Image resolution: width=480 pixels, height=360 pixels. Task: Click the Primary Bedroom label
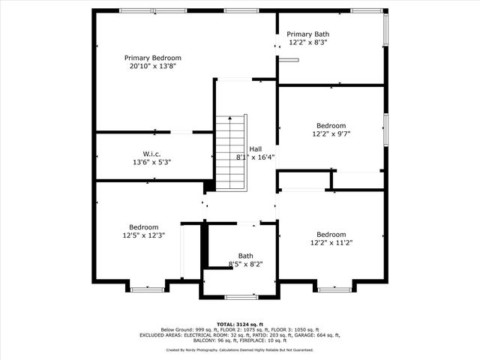click(153, 58)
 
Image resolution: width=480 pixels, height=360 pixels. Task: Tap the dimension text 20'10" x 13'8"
click(153, 66)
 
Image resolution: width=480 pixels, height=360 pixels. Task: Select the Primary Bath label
click(308, 34)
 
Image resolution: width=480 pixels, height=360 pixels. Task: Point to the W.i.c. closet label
click(151, 154)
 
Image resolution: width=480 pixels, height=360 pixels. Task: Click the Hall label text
click(255, 149)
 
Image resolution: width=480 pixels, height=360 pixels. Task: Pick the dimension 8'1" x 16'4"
click(255, 157)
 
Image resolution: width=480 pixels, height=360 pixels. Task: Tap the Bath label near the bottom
click(245, 256)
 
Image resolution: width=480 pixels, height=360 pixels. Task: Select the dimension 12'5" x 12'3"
click(144, 235)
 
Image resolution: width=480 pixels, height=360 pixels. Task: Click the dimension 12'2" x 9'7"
click(331, 133)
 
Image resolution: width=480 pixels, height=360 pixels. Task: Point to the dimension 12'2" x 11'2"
click(331, 243)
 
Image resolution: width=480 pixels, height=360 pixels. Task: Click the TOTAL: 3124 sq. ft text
click(240, 325)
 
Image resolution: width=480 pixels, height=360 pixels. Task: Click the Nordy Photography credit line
click(240, 350)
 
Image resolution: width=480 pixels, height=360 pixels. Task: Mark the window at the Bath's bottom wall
click(241, 297)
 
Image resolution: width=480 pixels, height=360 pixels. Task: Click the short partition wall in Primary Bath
click(289, 60)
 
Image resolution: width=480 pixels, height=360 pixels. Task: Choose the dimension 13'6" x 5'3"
click(151, 162)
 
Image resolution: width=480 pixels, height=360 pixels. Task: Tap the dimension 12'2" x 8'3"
click(308, 42)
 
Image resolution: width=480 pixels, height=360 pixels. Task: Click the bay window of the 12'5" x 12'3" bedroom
click(147, 289)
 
